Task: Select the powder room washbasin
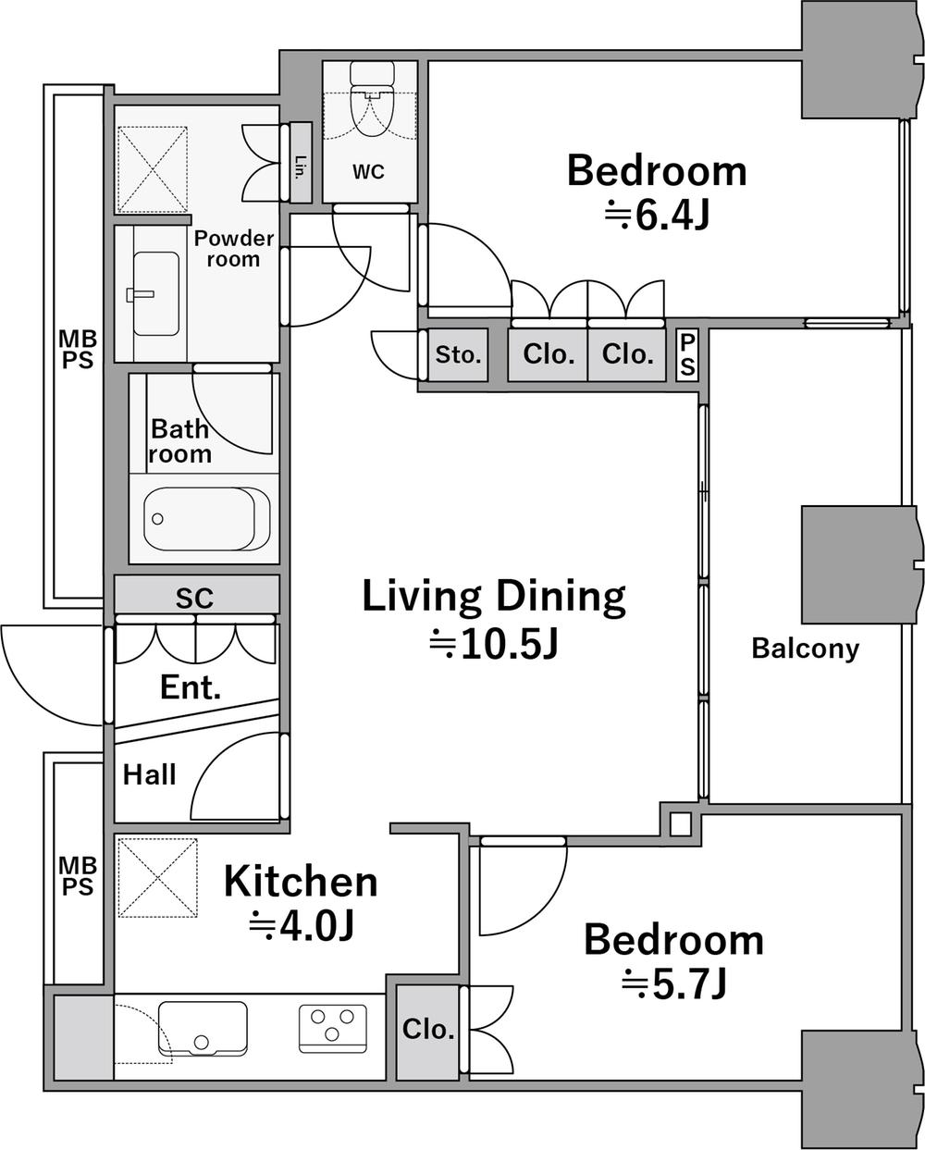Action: [156, 294]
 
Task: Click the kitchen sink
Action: [203, 1029]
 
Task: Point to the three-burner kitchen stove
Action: [333, 1029]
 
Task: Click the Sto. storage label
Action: [458, 354]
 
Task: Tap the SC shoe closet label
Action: [194, 599]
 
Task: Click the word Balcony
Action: [806, 649]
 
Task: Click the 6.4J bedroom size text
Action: [657, 216]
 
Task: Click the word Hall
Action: [150, 774]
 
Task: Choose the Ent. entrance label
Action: [191, 687]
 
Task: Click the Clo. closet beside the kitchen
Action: [428, 1029]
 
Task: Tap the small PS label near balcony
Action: [688, 354]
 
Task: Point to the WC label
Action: [368, 171]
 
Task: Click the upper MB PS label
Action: [78, 349]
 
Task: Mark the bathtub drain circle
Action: [157, 518]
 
